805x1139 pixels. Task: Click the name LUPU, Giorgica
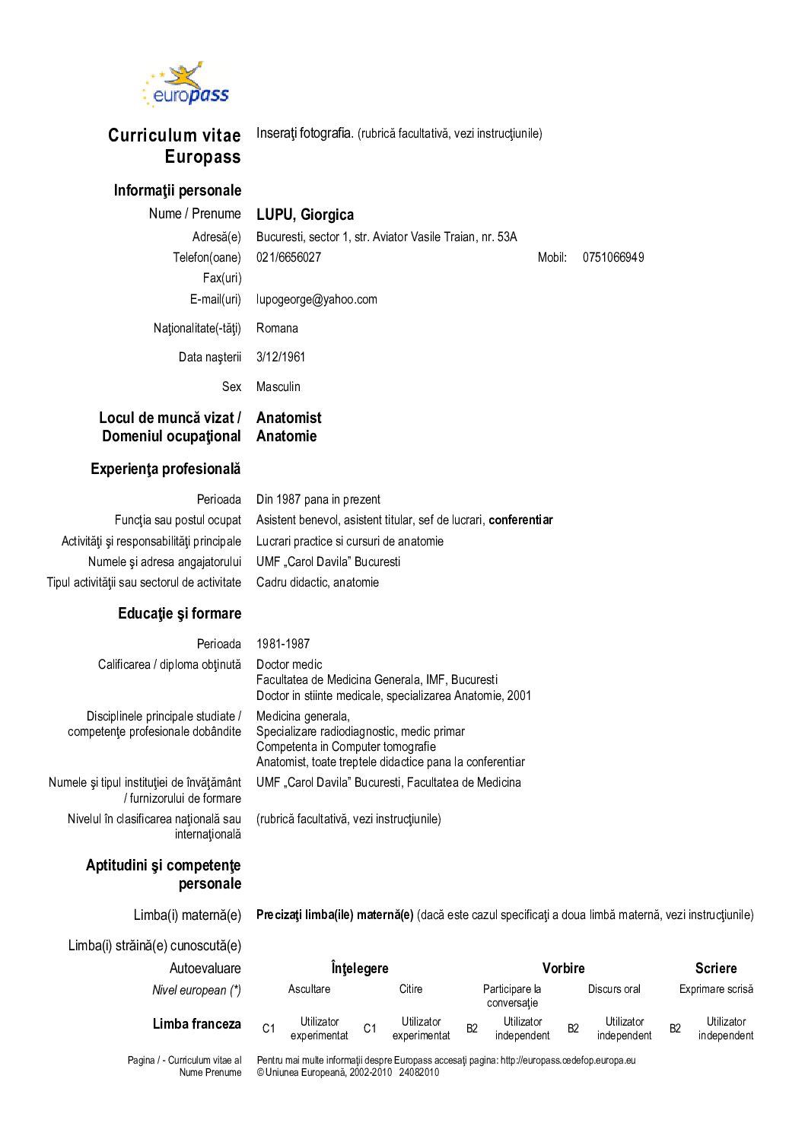point(304,215)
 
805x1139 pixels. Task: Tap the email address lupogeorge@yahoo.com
point(317,299)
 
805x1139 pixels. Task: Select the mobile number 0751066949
point(613,257)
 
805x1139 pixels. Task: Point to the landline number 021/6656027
point(288,257)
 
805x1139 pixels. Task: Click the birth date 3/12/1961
point(281,357)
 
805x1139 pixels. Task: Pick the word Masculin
point(278,387)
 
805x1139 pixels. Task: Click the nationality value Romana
point(277,328)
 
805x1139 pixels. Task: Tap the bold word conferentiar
point(520,520)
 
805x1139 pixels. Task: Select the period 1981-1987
point(283,644)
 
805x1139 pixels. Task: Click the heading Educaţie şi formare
point(180,613)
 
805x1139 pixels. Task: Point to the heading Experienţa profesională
point(165,469)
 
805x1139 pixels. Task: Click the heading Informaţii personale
point(177,190)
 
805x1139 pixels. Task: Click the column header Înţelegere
point(360,968)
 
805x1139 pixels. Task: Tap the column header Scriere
point(715,968)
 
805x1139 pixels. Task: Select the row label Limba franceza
point(196,1024)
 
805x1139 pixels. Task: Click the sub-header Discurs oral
point(614,989)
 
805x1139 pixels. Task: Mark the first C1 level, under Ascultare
point(269,1029)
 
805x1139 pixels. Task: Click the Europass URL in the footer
point(568,1060)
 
